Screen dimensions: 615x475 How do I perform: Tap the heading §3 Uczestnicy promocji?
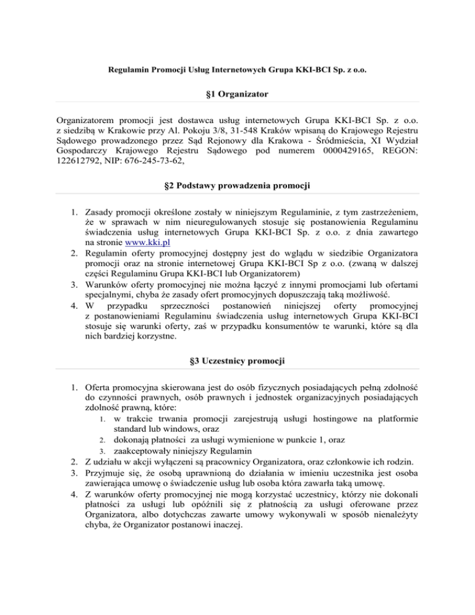point(237,359)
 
